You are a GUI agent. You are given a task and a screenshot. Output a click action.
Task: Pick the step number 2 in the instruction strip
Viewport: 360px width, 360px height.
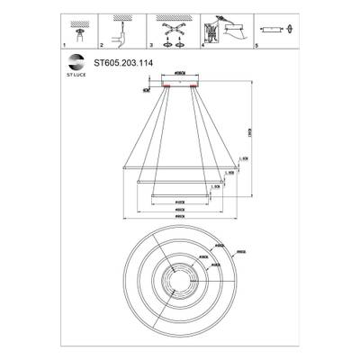pyautogui.click(x=100, y=44)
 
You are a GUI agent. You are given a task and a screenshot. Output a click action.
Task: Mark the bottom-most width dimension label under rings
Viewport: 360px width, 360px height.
pyautogui.click(x=179, y=218)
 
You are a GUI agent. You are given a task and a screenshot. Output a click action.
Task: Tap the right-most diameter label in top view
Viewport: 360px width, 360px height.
pyautogui.click(x=240, y=252)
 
